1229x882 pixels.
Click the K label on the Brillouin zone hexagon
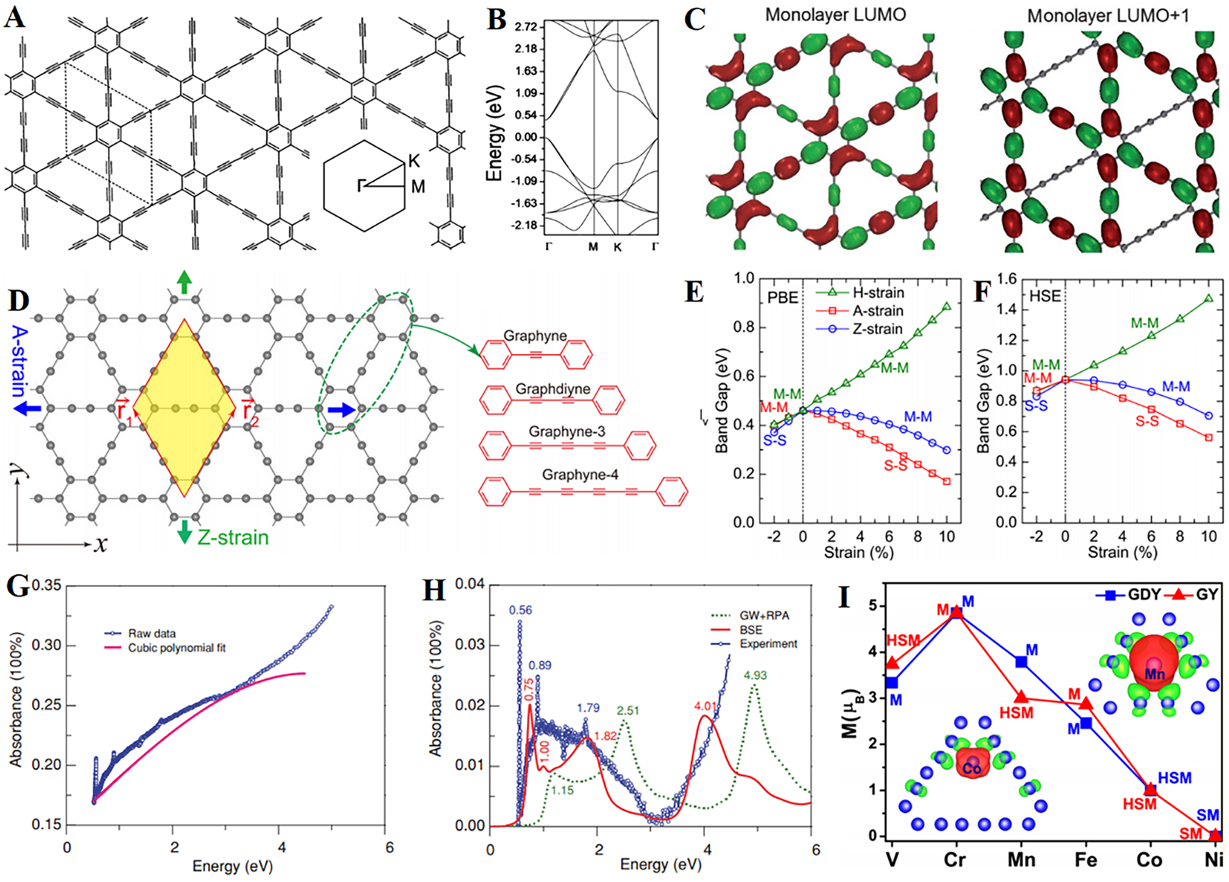coord(414,161)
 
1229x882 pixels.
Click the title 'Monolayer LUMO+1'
coord(1108,16)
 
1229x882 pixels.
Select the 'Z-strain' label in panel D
coord(233,537)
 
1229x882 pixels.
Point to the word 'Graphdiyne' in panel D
coord(553,389)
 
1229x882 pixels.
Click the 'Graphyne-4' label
coord(580,474)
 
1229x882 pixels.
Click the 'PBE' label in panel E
coord(783,297)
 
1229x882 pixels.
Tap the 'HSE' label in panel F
coord(1045,296)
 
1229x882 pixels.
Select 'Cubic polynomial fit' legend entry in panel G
coord(177,648)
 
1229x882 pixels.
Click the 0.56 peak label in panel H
coord(520,611)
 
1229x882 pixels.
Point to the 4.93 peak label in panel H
coord(756,675)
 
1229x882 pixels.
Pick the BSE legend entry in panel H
coord(751,630)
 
